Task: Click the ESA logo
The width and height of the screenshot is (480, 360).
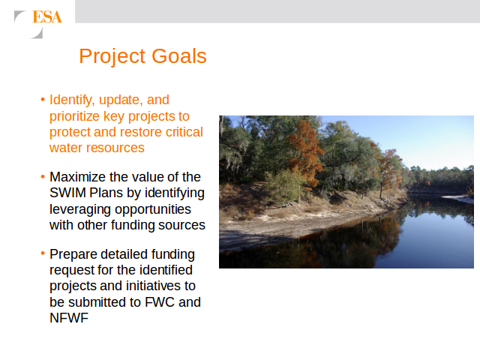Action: (x=38, y=24)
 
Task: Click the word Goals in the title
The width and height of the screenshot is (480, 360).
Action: (x=179, y=56)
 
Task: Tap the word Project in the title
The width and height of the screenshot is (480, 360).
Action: (x=112, y=57)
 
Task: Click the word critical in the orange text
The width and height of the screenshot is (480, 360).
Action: (x=184, y=132)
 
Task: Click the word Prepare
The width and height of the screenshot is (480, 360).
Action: (x=73, y=255)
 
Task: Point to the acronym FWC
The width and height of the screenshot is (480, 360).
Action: (x=160, y=302)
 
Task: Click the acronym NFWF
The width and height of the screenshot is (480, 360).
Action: (x=69, y=318)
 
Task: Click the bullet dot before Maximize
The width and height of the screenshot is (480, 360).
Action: (x=43, y=177)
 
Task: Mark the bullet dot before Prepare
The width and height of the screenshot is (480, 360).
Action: (x=43, y=253)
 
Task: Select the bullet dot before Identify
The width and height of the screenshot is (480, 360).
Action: (x=43, y=100)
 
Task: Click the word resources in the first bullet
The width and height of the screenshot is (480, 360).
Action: (x=118, y=148)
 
